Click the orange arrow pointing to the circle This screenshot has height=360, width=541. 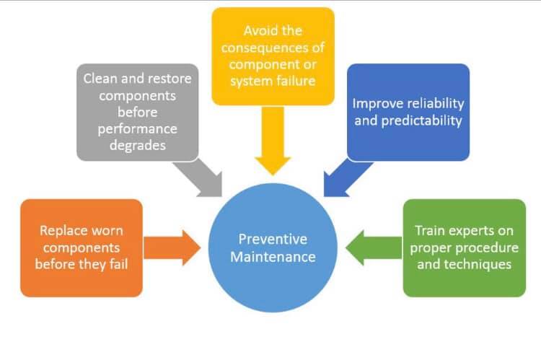click(x=172, y=248)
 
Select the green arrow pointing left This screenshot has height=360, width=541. click(x=374, y=248)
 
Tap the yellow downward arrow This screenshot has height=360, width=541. click(x=273, y=140)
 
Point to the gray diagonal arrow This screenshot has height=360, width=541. click(x=199, y=178)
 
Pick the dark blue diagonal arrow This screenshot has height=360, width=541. click(x=347, y=178)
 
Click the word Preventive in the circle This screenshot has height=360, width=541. click(x=273, y=240)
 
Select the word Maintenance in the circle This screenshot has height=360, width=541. click(x=273, y=257)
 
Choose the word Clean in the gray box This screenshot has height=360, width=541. click(x=100, y=79)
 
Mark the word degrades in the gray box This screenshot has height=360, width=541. click(x=138, y=145)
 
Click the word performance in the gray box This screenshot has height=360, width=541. click(x=138, y=129)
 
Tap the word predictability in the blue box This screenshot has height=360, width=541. click(x=422, y=120)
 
